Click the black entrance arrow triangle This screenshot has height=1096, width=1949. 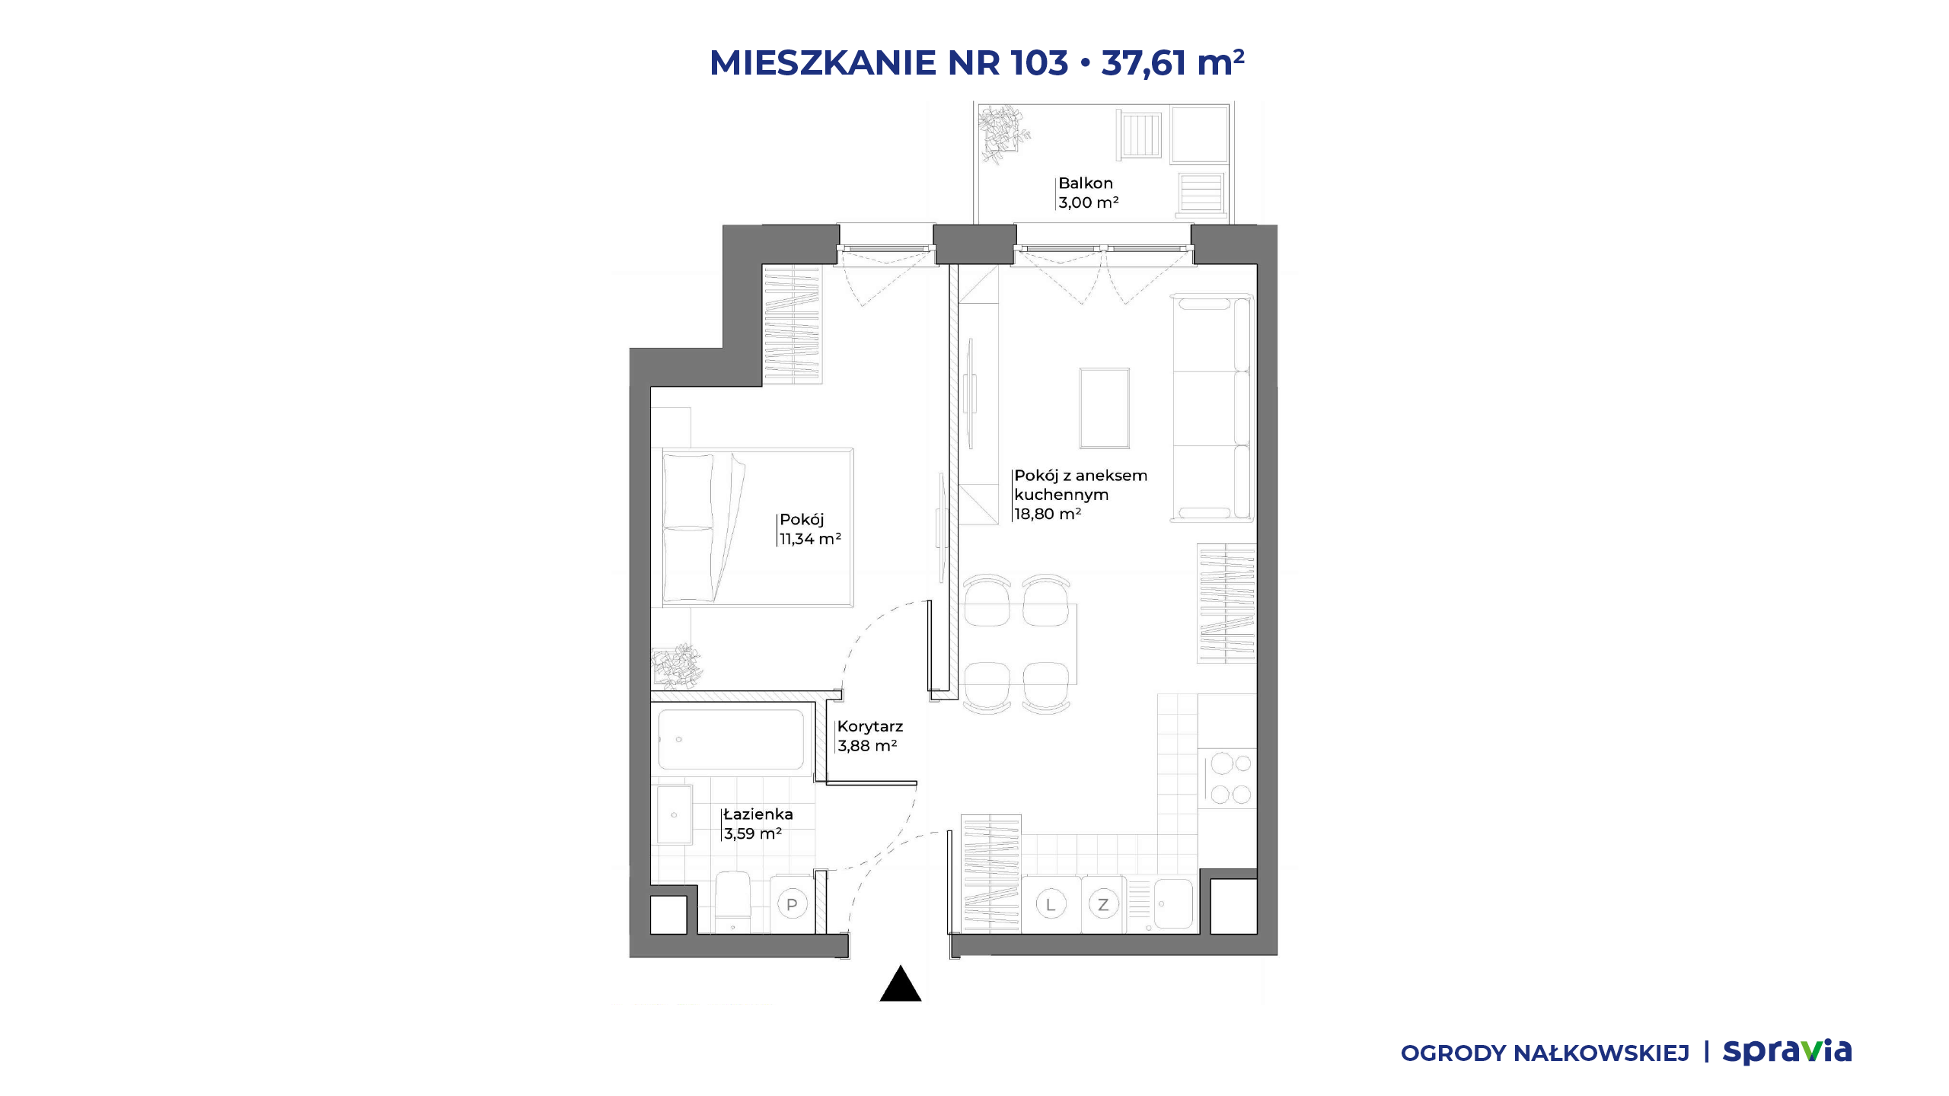pos(901,983)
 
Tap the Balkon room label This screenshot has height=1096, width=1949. pos(1086,183)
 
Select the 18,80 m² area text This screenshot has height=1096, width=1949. pos(1048,514)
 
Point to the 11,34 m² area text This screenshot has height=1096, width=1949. pos(810,539)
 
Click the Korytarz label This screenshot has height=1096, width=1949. pos(870,727)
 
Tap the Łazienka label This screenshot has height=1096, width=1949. pos(758,814)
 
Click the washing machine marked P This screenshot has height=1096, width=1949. pos(792,905)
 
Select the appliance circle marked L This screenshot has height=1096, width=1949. pos(1051,905)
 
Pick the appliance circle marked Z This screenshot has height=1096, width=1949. pos(1103,905)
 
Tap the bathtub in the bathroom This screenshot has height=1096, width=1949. pos(731,740)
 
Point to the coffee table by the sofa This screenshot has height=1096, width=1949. pos(1104,409)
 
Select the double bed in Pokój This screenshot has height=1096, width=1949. pos(758,527)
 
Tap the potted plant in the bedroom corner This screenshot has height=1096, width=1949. pos(677,666)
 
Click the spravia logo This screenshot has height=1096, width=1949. pos(1788,1052)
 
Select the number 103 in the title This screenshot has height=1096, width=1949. pos(1039,62)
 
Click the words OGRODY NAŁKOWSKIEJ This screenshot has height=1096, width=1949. pos(1545,1053)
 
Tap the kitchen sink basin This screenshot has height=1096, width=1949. pos(1173,904)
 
